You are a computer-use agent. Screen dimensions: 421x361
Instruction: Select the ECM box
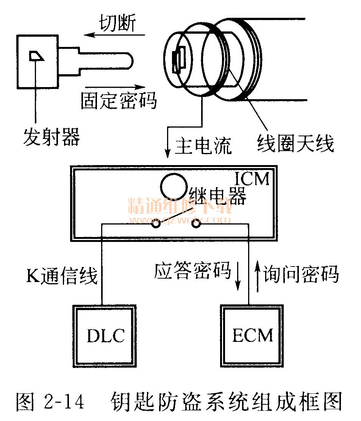click(252, 335)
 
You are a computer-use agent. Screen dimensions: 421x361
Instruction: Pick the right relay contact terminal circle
click(196, 224)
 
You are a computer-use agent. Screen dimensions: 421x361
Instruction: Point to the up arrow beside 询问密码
click(257, 277)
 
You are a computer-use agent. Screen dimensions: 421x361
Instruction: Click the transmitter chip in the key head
click(37, 56)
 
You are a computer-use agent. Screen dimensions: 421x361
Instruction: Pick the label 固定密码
click(119, 100)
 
